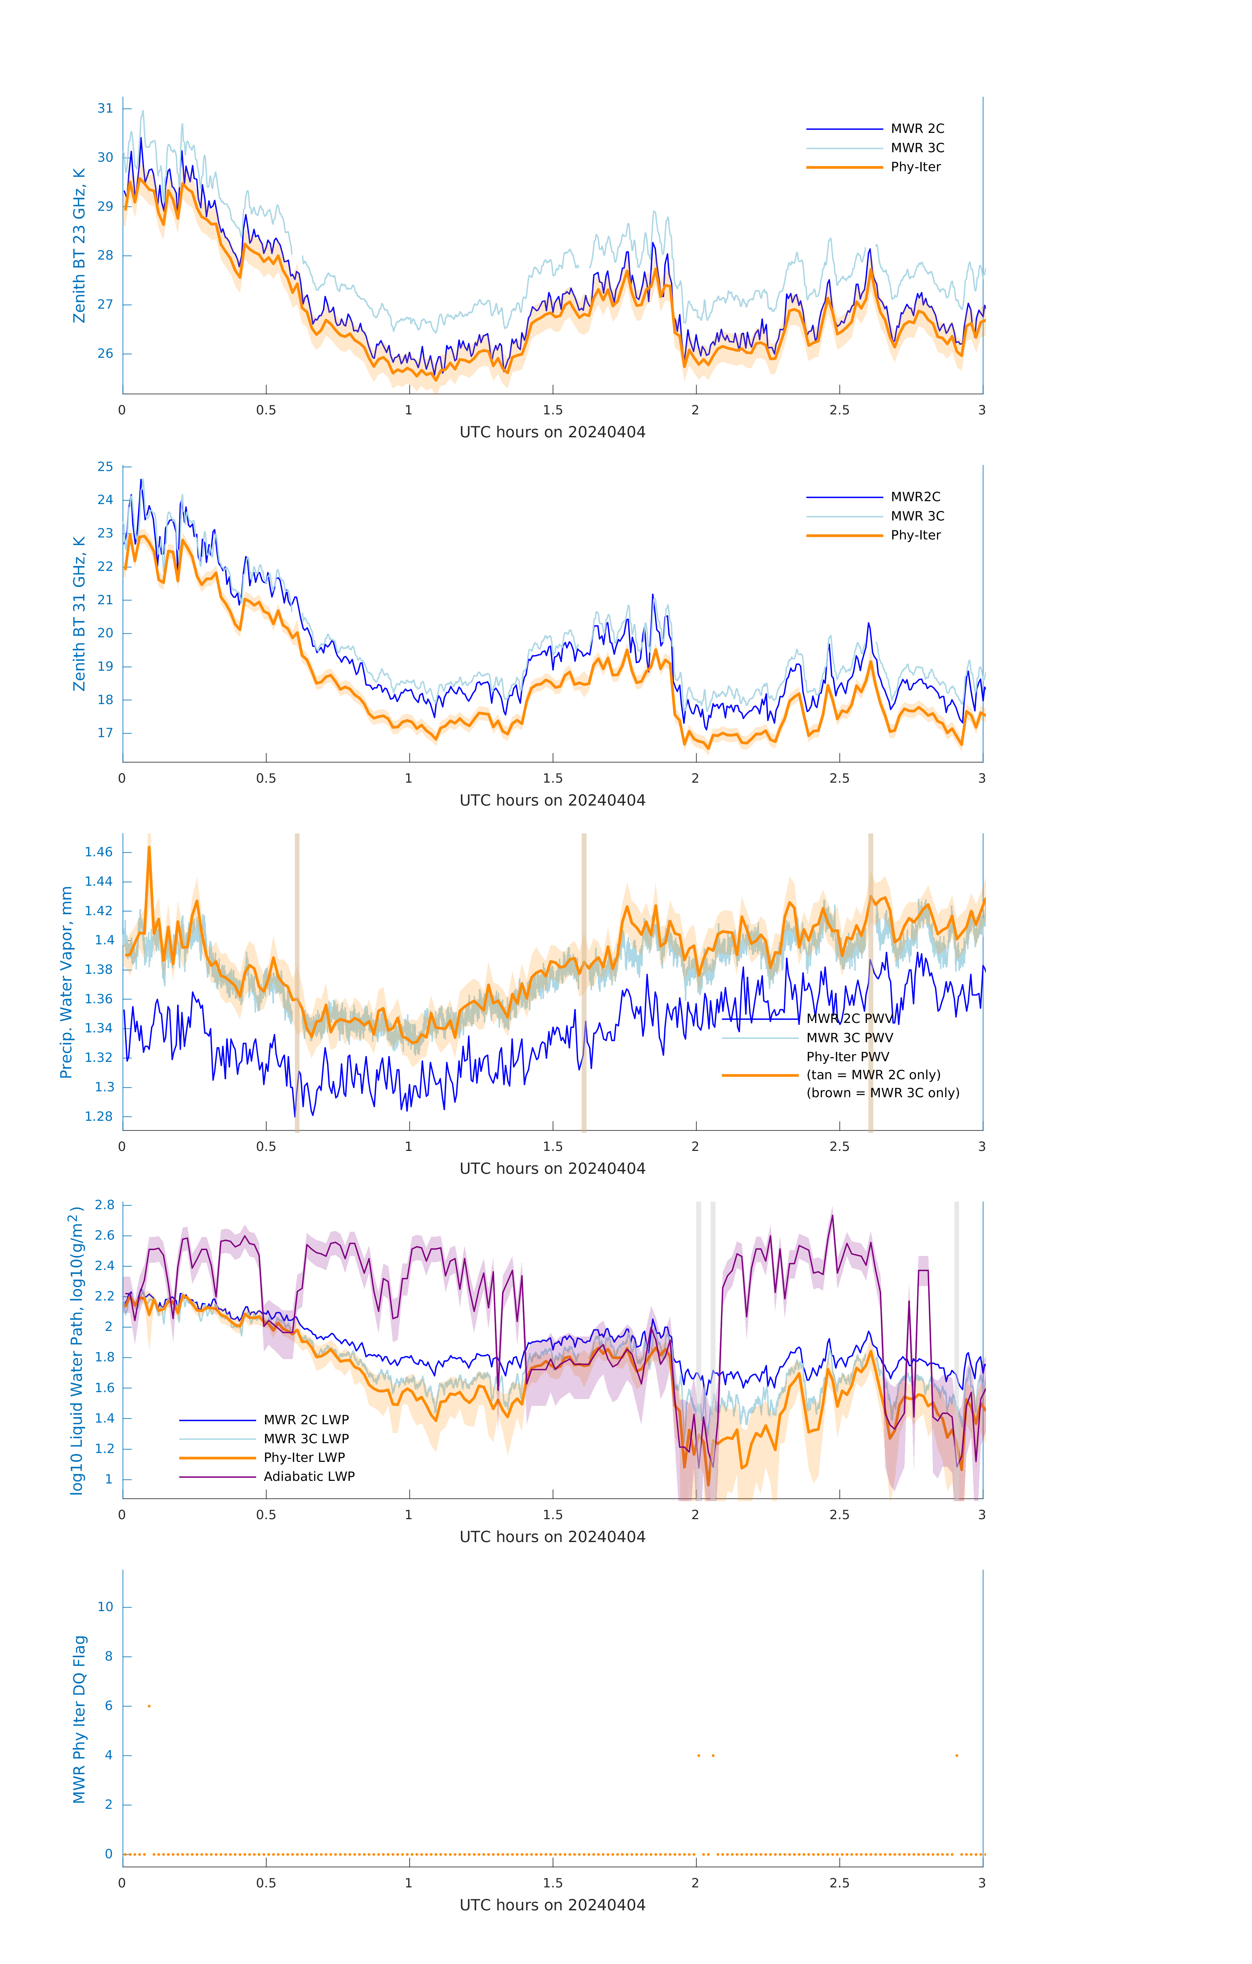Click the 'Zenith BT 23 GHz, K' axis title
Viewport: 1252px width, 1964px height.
tap(79, 245)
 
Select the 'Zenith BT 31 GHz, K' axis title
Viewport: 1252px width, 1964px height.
tap(79, 613)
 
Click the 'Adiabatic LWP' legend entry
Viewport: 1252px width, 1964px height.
tap(309, 1476)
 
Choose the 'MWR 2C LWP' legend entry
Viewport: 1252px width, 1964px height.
tap(306, 1419)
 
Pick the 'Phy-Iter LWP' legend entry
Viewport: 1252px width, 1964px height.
tap(304, 1458)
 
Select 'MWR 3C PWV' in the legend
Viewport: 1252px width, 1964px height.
tap(849, 1037)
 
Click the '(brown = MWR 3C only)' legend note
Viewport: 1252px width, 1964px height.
tap(882, 1093)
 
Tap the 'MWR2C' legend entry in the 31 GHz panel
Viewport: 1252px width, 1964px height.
tap(915, 497)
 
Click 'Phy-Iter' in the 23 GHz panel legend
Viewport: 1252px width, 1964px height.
tap(915, 167)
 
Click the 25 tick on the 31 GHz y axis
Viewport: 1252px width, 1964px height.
tap(105, 466)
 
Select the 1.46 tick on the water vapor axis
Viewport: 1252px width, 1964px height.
tap(99, 852)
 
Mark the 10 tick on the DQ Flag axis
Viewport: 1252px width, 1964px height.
tap(105, 1607)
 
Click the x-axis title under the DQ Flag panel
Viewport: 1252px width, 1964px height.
tap(552, 1905)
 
